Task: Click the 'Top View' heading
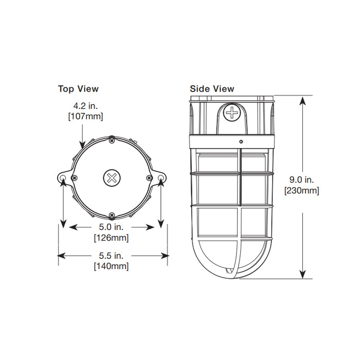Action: pyautogui.click(x=78, y=89)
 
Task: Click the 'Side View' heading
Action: pyautogui.click(x=212, y=89)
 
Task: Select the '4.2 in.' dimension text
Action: pyautogui.click(x=85, y=106)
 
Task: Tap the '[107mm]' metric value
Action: pyautogui.click(x=85, y=116)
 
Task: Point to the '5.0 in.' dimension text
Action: pyautogui.click(x=111, y=227)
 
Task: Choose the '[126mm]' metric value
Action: pyautogui.click(x=111, y=238)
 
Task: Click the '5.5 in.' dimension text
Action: pyautogui.click(x=111, y=256)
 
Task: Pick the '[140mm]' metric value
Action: pyautogui.click(x=111, y=266)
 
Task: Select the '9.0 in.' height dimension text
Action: pyautogui.click(x=302, y=180)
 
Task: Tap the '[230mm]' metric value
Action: pyautogui.click(x=302, y=191)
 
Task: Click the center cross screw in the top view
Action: pyautogui.click(x=111, y=178)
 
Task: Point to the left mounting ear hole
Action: pyautogui.click(x=63, y=178)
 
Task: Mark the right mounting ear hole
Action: pyautogui.click(x=160, y=178)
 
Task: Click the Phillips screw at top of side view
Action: pyautogui.click(x=233, y=112)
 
